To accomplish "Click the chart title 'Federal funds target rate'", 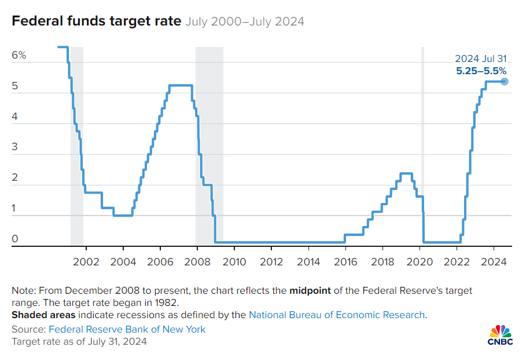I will pyautogui.click(x=95, y=22).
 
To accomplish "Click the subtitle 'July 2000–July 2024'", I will pyautogui.click(x=245, y=22).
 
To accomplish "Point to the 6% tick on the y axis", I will pyautogui.click(x=19, y=56).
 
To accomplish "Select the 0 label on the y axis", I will pyautogui.click(x=15, y=239).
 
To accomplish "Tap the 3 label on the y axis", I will pyautogui.click(x=15, y=147).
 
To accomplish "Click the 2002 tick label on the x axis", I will pyautogui.click(x=86, y=261).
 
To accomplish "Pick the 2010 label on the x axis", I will pyautogui.click(x=234, y=261).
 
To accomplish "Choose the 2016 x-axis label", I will pyautogui.click(x=345, y=261).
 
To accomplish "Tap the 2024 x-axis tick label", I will pyautogui.click(x=494, y=261).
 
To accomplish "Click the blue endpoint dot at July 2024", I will pyautogui.click(x=505, y=81).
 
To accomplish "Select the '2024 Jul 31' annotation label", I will pyautogui.click(x=481, y=59).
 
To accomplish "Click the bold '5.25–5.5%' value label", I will pyautogui.click(x=481, y=71).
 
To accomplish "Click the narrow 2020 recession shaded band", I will pyautogui.click(x=422, y=145).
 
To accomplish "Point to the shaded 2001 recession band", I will pyautogui.click(x=77, y=145).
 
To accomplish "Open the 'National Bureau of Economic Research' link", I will pyautogui.click(x=337, y=315).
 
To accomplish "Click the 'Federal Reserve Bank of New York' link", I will pyautogui.click(x=127, y=329).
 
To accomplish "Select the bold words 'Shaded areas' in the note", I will pyautogui.click(x=43, y=315).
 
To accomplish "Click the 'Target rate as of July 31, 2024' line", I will pyautogui.click(x=79, y=341).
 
